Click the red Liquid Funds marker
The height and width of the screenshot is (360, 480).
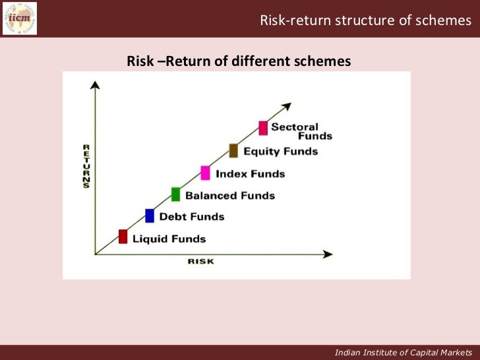[123, 237]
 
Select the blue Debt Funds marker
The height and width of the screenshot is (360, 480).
[150, 216]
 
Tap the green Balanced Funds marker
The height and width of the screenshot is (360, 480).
[176, 194]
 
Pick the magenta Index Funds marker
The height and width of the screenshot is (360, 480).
[205, 173]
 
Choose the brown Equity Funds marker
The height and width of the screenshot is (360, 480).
[233, 150]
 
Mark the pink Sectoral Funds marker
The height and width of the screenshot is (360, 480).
[263, 128]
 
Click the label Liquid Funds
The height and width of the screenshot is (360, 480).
[169, 239]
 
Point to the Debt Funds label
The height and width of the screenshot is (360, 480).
[192, 217]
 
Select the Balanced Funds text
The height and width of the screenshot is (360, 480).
[230, 195]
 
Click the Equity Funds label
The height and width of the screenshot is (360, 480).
[281, 152]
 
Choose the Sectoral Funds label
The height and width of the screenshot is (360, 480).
[301, 131]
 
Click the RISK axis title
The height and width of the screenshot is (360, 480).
[200, 262]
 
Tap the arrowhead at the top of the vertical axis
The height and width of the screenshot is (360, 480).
[96, 84]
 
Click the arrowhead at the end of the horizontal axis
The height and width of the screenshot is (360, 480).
[328, 253]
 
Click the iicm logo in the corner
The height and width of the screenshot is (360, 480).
[20, 18]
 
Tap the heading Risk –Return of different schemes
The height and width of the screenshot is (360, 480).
[239, 62]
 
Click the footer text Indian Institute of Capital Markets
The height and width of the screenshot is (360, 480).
[404, 352]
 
